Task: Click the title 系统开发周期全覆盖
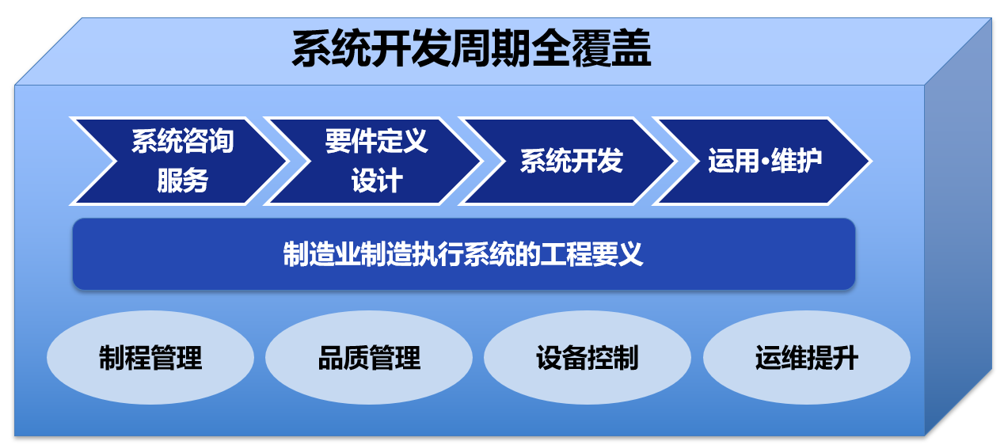pyautogui.click(x=471, y=48)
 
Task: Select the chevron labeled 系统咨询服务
pyautogui.click(x=179, y=162)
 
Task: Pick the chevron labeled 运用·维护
pyautogui.click(x=763, y=162)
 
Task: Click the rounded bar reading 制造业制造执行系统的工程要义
pyautogui.click(x=464, y=254)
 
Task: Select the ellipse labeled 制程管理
pyautogui.click(x=150, y=358)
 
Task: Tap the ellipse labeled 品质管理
pyautogui.click(x=369, y=358)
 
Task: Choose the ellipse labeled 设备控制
pyautogui.click(x=588, y=358)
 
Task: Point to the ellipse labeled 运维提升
pyautogui.click(x=807, y=358)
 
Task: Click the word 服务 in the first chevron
pyautogui.click(x=183, y=181)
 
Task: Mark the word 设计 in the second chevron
pyautogui.click(x=377, y=181)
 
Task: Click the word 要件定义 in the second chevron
pyautogui.click(x=377, y=141)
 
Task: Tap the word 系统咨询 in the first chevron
pyautogui.click(x=183, y=141)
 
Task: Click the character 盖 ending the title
pyautogui.click(x=631, y=48)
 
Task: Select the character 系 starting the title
pyautogui.click(x=312, y=48)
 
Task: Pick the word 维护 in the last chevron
pyautogui.click(x=797, y=161)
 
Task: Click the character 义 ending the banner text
pyautogui.click(x=630, y=254)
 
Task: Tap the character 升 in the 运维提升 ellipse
pyautogui.click(x=846, y=358)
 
